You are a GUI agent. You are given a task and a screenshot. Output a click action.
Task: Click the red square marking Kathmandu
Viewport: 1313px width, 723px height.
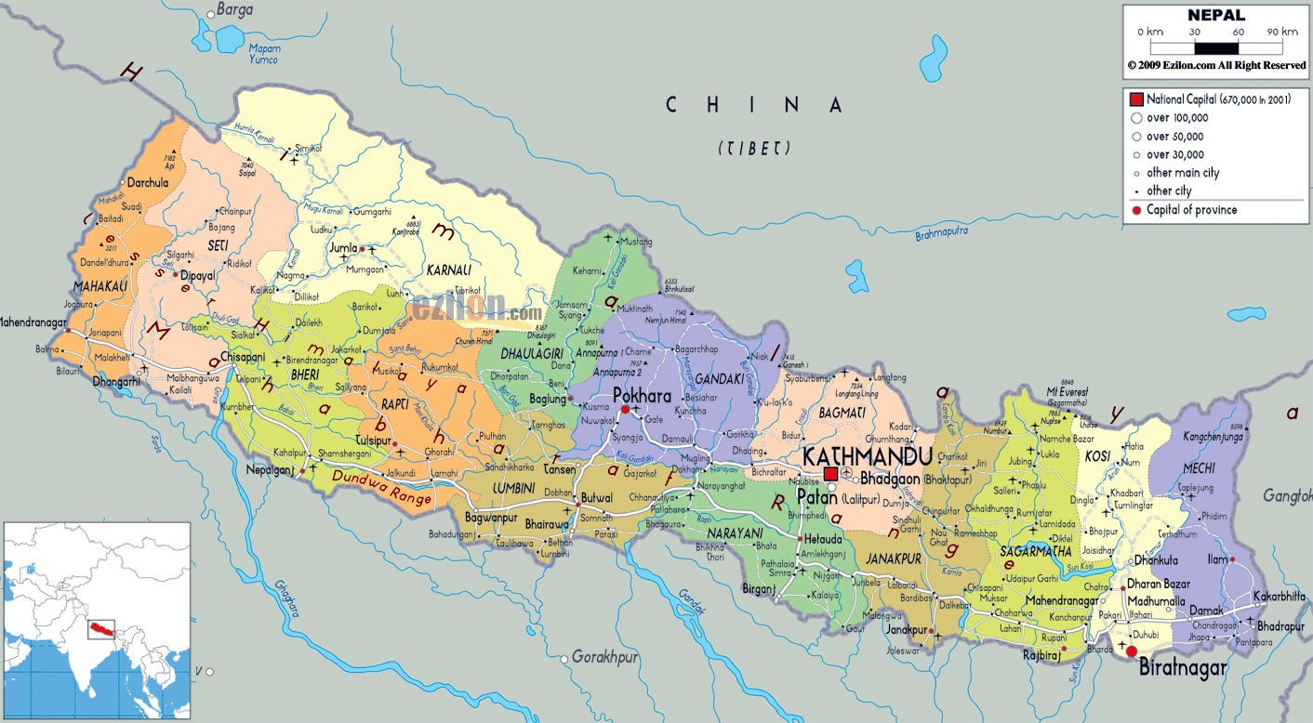[830, 474]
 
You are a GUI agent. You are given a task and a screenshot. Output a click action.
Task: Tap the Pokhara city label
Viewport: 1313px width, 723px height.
[642, 395]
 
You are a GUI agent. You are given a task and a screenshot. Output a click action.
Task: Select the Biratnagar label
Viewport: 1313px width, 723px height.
[1183, 668]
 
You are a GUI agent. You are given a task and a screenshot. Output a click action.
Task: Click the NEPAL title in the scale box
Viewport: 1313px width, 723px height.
[1215, 15]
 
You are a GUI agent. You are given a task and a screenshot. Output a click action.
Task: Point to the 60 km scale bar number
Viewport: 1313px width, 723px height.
[1238, 32]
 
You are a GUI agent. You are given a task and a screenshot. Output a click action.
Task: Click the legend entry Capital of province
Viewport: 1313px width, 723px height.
[1191, 210]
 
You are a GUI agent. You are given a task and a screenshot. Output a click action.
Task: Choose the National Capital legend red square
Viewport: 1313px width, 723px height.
[1135, 99]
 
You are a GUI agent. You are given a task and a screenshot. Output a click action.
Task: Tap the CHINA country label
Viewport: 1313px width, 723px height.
[754, 105]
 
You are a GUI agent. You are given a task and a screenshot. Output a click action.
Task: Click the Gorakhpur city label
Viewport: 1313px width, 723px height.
[604, 657]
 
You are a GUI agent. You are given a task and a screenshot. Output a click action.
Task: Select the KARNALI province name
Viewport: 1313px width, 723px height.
[448, 270]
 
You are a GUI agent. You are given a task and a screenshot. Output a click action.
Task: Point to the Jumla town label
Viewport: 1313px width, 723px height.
[342, 248]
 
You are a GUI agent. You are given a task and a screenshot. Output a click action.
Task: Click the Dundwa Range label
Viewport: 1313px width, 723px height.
[381, 488]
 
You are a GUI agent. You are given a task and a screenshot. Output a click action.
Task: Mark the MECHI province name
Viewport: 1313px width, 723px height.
[1199, 467]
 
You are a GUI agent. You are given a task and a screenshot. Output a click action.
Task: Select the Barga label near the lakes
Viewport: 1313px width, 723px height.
[234, 10]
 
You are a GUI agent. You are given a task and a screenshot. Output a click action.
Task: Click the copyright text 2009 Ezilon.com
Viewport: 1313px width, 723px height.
[1216, 65]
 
